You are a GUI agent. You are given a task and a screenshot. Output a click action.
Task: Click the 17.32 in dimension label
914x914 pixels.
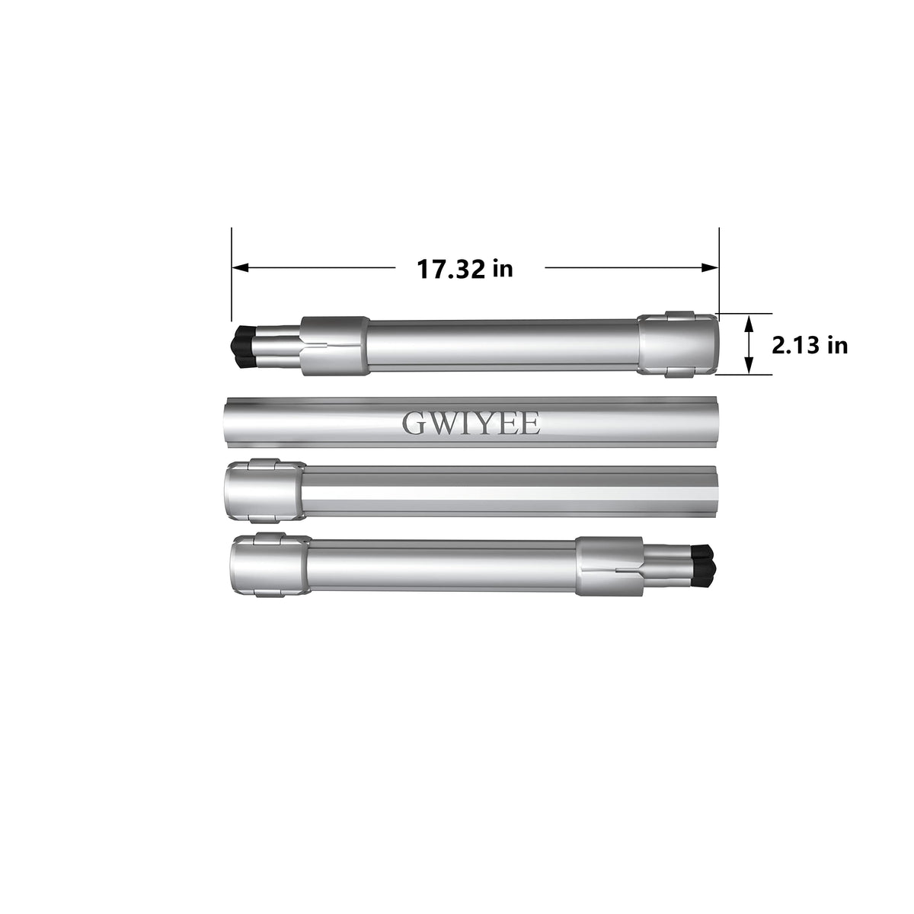pyautogui.click(x=465, y=269)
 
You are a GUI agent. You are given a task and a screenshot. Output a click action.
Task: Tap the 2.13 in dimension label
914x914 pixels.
pyautogui.click(x=810, y=345)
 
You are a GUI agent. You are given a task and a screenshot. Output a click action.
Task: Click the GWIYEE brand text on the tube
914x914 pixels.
pyautogui.click(x=471, y=423)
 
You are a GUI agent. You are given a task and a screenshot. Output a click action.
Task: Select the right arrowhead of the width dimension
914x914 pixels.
pyautogui.click(x=710, y=267)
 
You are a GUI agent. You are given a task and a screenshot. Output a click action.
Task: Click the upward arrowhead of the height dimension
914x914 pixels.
pyautogui.click(x=749, y=325)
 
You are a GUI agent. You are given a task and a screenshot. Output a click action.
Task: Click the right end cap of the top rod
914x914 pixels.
pyautogui.click(x=678, y=345)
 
